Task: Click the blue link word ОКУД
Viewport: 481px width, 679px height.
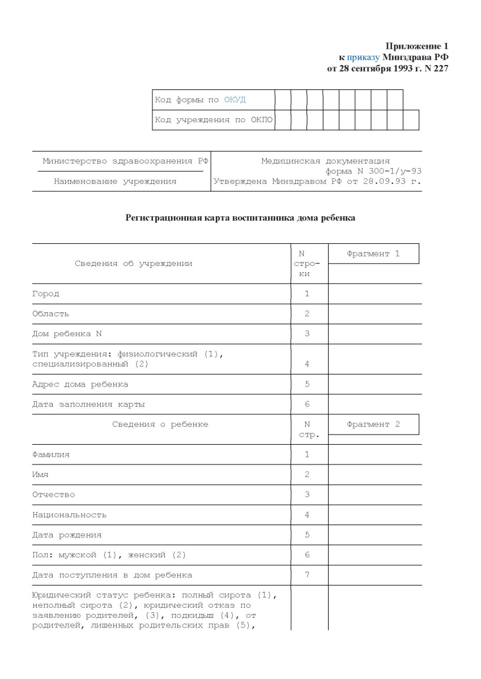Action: [x=235, y=100]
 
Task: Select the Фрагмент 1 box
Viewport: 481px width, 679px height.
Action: [x=373, y=254]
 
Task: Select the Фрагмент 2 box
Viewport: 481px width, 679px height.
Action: [x=373, y=424]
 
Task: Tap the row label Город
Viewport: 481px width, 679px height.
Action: [x=46, y=294]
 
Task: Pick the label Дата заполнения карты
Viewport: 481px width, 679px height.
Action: [x=88, y=405]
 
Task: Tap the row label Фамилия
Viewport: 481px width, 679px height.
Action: [x=51, y=454]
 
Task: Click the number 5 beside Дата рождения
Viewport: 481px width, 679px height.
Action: [x=307, y=535]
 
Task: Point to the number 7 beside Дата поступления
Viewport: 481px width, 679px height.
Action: [x=307, y=575]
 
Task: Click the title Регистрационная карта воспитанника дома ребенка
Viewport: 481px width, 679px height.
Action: [x=240, y=218]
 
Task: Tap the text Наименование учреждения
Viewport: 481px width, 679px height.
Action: [x=115, y=182]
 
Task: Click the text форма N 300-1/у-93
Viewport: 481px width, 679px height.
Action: [x=373, y=171]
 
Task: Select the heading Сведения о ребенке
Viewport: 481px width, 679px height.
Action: [x=160, y=424]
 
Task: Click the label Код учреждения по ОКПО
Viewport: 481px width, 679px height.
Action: [x=213, y=120]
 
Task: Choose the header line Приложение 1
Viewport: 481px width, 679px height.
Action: [x=417, y=46]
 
